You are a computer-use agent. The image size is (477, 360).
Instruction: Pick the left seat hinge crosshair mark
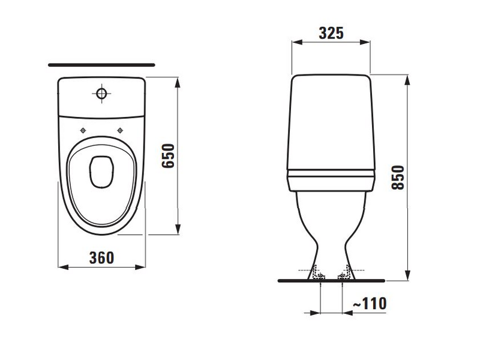click(82, 130)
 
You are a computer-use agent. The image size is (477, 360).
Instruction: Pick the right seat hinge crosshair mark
click(120, 130)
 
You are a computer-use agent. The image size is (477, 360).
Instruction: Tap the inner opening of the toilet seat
click(101, 172)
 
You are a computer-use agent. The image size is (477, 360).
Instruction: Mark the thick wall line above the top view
click(101, 64)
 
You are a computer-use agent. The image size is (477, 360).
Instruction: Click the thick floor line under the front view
click(331, 280)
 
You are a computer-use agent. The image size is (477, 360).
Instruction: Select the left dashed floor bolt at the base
click(319, 275)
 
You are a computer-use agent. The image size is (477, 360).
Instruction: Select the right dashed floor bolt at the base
click(344, 275)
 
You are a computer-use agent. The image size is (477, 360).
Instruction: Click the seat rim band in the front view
click(331, 175)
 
